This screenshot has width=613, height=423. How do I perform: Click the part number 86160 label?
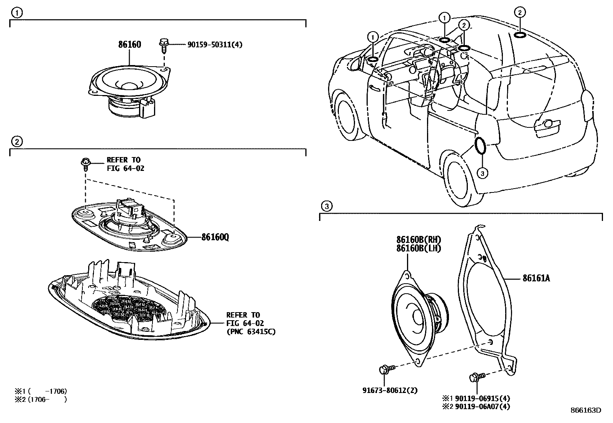[x=129, y=44]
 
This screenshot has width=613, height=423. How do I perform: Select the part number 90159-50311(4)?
[x=214, y=45]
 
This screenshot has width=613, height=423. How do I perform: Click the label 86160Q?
[x=215, y=237]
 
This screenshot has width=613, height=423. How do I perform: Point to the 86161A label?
[x=536, y=278]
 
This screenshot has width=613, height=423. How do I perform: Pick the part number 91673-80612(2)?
[x=390, y=390]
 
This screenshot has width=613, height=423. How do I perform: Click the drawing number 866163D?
[x=585, y=410]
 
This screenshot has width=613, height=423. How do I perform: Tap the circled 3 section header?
[x=326, y=206]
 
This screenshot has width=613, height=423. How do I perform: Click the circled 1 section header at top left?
[x=16, y=13]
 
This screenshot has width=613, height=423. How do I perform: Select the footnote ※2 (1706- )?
[x=40, y=400]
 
